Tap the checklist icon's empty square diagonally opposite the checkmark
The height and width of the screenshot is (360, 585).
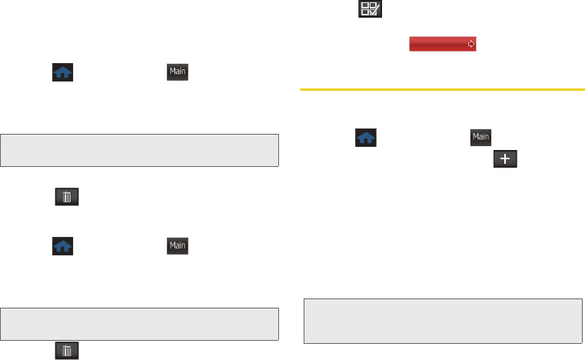coord(367,6)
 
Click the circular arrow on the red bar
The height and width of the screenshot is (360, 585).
coord(470,45)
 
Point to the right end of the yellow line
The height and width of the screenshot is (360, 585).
coord(574,89)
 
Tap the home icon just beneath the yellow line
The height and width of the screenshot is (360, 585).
coord(366,138)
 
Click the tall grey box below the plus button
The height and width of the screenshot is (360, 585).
coord(442,320)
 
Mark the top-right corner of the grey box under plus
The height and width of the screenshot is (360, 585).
coord(580,299)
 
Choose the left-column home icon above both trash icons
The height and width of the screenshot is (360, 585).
coord(63,73)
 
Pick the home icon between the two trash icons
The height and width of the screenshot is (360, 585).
coord(63,246)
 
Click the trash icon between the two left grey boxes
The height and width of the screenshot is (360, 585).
coord(67,198)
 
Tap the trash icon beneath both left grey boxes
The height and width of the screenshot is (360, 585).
coord(67,351)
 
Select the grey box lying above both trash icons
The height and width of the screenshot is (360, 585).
coord(139,151)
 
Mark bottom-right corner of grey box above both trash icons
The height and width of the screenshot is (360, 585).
coord(278,166)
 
